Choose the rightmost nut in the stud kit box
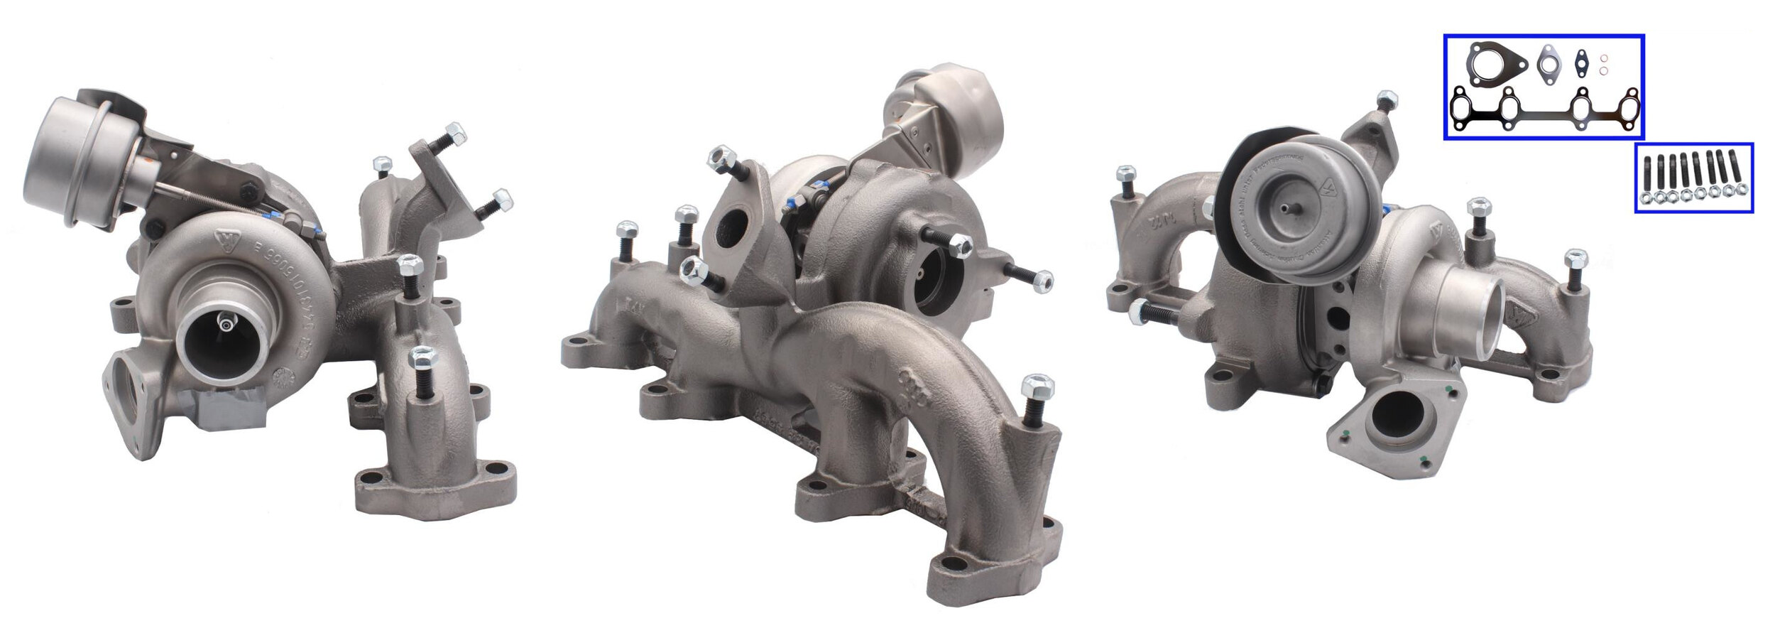coord(1742,190)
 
